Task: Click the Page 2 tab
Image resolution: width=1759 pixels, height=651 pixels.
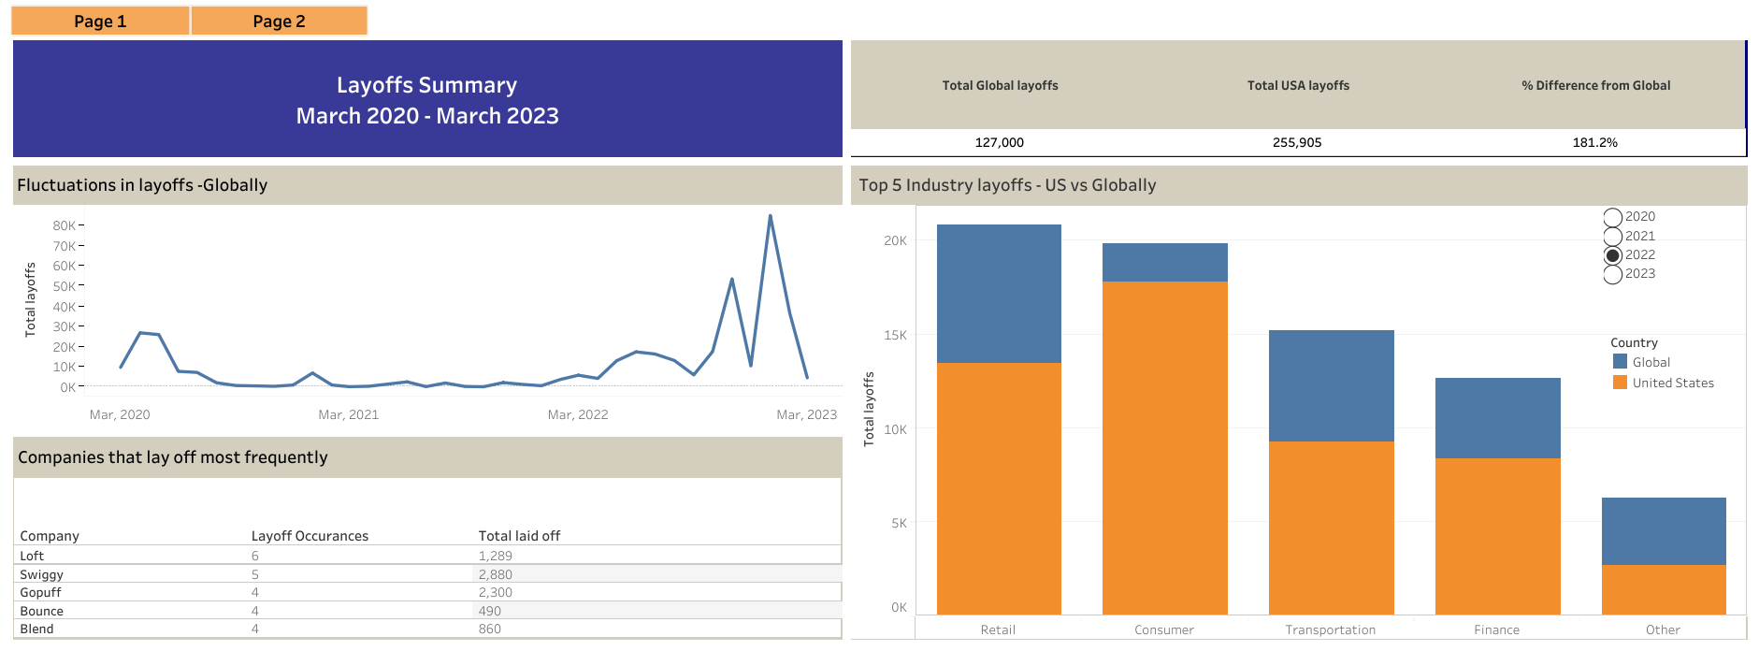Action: (279, 21)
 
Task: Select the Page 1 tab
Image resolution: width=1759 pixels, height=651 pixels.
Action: (100, 21)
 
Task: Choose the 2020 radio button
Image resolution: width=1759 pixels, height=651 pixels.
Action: (1613, 217)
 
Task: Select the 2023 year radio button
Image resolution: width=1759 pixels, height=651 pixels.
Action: (1613, 274)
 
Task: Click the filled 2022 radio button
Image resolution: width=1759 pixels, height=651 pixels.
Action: (1613, 255)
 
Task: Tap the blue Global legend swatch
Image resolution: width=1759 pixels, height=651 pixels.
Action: (1620, 362)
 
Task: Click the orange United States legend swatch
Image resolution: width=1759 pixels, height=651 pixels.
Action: (1620, 383)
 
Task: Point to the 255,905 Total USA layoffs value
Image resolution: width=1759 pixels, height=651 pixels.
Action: (1297, 142)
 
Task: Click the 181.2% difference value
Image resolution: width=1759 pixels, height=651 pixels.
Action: (1594, 142)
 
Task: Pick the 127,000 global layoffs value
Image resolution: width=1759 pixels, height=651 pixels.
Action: (999, 142)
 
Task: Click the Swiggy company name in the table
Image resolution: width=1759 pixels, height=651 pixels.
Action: (42, 574)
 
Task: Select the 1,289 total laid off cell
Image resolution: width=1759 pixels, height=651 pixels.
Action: (496, 556)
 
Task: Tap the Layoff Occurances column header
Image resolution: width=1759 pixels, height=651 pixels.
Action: (310, 536)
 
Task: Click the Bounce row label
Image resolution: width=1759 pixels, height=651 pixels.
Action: (42, 611)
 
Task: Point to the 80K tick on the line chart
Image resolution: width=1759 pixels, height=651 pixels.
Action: (65, 225)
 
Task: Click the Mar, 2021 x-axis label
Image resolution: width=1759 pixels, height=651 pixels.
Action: (348, 414)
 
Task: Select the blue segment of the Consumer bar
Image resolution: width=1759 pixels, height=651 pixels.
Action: (1164, 263)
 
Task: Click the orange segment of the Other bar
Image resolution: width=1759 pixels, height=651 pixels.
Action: (1663, 589)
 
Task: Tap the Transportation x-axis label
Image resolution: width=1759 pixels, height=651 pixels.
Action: (1330, 629)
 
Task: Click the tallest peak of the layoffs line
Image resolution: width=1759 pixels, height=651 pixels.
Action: (770, 216)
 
